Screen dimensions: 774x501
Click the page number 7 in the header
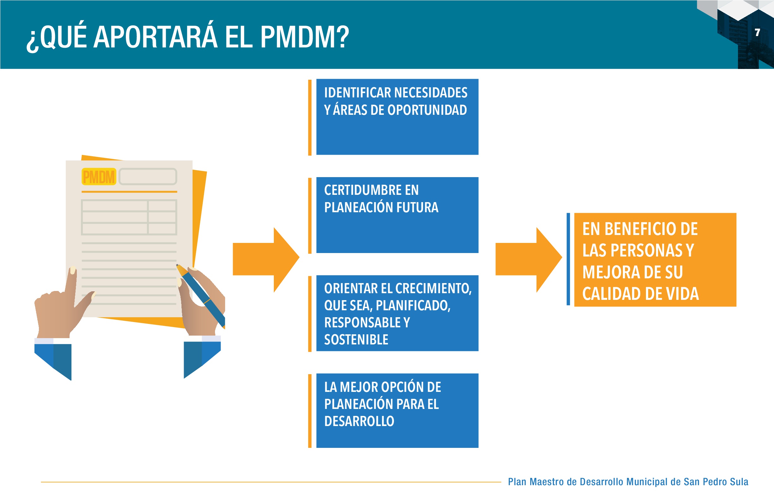[758, 32]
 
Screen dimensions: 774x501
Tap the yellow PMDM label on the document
[99, 177]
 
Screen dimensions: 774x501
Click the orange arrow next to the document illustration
[266, 260]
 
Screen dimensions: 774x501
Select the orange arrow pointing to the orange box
[529, 260]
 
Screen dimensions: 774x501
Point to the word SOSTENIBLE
[356, 340]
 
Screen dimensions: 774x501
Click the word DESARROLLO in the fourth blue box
[359, 421]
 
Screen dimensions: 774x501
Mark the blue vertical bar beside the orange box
[568, 259]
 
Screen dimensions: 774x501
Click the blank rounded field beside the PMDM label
[148, 177]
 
